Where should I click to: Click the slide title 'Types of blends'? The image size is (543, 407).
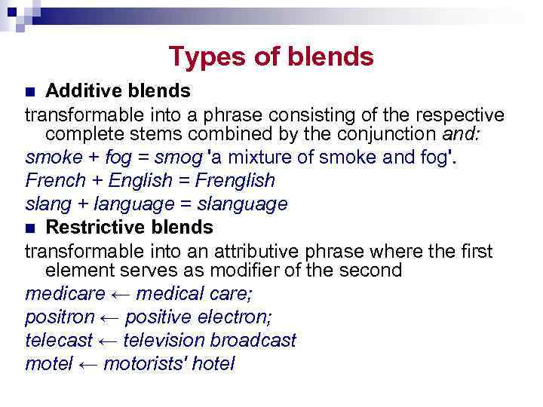point(271,57)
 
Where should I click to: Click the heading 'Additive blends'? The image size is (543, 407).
point(118,91)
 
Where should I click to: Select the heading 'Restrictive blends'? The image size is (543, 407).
point(129,227)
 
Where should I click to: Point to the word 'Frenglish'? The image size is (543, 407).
point(235,181)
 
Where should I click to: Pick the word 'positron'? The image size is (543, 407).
point(60,317)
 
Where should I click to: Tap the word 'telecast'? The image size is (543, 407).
point(58,340)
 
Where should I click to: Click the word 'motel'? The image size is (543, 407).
point(48,363)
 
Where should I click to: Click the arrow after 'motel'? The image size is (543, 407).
point(88,364)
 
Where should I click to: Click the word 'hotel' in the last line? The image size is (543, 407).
point(213,363)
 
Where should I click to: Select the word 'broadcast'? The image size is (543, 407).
point(253,340)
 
